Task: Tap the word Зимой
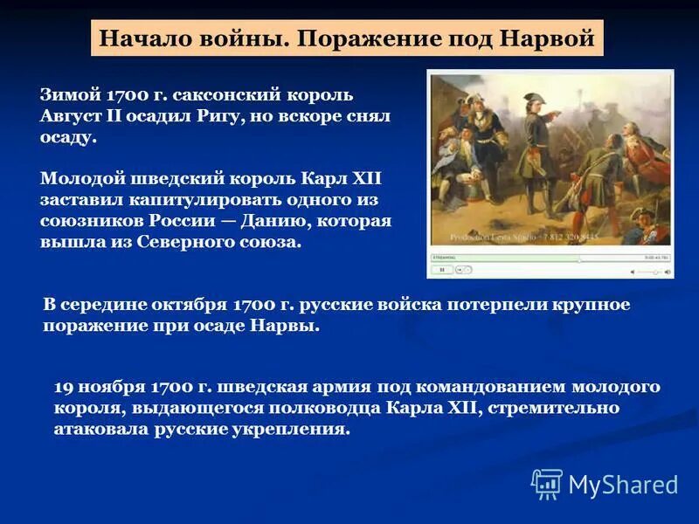[x=73, y=93]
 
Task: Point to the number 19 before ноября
[x=63, y=386]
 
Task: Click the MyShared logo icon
[x=547, y=483]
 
